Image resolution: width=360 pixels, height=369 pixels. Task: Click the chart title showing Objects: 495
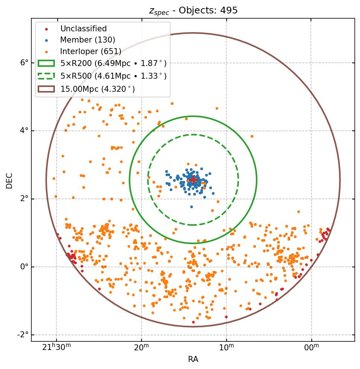click(x=193, y=10)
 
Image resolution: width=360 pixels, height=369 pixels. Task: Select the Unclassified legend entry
click(x=83, y=29)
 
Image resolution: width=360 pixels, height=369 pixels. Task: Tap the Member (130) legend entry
click(x=88, y=40)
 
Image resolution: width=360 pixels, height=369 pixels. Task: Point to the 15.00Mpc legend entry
click(x=97, y=89)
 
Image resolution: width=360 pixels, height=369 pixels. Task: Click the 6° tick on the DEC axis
click(x=25, y=63)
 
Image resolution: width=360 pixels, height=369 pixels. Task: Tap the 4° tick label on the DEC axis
click(x=25, y=131)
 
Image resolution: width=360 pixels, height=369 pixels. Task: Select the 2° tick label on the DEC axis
click(x=25, y=199)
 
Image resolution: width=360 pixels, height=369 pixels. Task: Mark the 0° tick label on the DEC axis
click(x=25, y=267)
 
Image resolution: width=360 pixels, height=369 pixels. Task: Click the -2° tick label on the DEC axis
click(x=23, y=335)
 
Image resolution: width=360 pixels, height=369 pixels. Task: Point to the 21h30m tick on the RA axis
click(x=56, y=348)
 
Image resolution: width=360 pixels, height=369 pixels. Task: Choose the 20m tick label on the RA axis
click(x=141, y=348)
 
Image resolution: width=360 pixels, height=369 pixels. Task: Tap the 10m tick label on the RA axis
click(x=226, y=348)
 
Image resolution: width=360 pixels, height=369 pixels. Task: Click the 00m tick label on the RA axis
click(x=312, y=348)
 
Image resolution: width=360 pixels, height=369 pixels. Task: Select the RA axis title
click(x=193, y=359)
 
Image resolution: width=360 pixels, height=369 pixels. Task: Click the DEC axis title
click(x=9, y=180)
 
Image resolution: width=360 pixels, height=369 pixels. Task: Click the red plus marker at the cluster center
click(x=193, y=180)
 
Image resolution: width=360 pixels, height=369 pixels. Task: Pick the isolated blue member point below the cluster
click(x=191, y=207)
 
